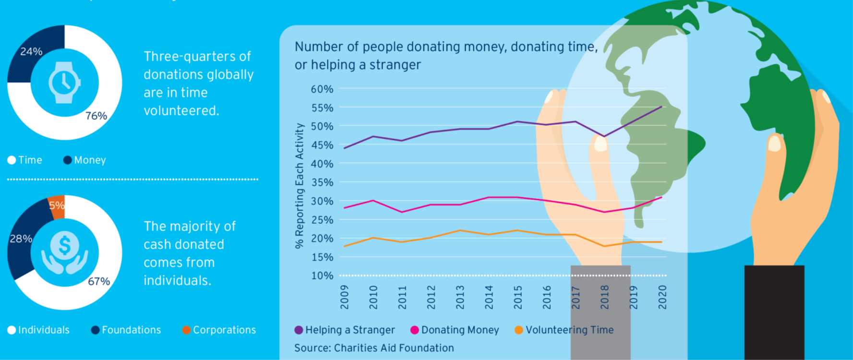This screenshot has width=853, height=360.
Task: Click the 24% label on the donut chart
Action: (x=31, y=51)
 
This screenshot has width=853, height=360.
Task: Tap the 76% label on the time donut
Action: (x=96, y=116)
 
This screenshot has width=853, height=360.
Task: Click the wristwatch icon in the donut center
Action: (x=64, y=83)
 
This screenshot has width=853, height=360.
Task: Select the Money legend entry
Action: (x=85, y=160)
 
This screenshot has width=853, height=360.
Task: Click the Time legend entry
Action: (x=25, y=160)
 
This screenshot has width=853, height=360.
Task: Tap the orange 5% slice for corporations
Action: (x=57, y=206)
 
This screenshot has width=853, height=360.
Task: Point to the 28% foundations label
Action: (x=21, y=239)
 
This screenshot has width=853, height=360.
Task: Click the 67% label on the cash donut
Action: (x=99, y=281)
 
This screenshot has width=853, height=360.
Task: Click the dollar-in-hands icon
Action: (x=64, y=252)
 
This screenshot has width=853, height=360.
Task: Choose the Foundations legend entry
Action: (x=126, y=330)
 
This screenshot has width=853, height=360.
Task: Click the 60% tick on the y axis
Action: (x=322, y=89)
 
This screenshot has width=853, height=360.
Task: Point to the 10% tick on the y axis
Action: (x=322, y=276)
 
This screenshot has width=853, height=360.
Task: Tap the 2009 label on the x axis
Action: (x=344, y=297)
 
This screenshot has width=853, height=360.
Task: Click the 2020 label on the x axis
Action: (x=662, y=297)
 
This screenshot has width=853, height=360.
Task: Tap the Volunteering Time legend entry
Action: (x=565, y=330)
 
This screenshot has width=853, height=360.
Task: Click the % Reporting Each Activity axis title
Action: (x=300, y=186)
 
